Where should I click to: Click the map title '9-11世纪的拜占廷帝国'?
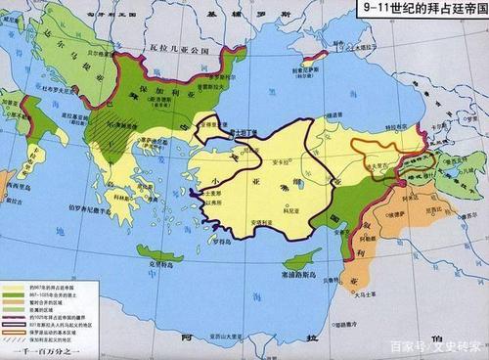423,9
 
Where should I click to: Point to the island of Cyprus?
299,257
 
